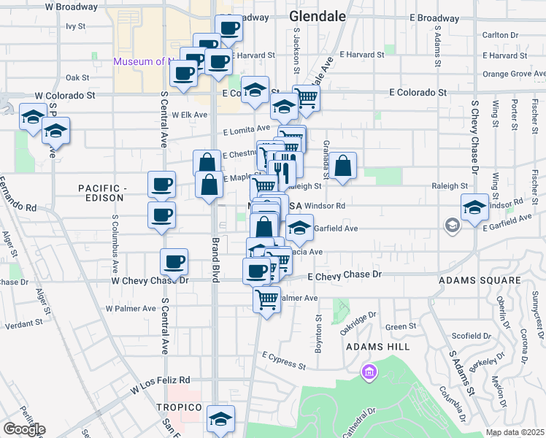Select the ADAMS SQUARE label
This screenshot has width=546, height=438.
pyautogui.click(x=479, y=280)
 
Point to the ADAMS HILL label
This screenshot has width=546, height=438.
pyautogui.click(x=374, y=346)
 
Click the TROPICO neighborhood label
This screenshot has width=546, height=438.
pyautogui.click(x=179, y=407)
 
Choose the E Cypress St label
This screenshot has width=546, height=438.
pyautogui.click(x=284, y=358)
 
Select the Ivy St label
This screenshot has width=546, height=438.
pyautogui.click(x=75, y=26)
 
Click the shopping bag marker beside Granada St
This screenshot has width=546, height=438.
pyautogui.click(x=342, y=167)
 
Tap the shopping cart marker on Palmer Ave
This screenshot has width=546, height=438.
pyautogui.click(x=267, y=298)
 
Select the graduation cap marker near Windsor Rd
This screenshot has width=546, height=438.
pyautogui.click(x=474, y=208)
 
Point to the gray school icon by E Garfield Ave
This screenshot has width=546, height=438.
pyautogui.click(x=453, y=225)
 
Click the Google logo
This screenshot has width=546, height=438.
pyautogui.click(x=23, y=429)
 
